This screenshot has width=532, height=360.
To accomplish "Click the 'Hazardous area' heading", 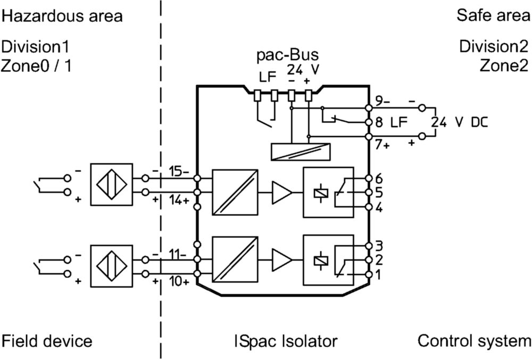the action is [62, 16].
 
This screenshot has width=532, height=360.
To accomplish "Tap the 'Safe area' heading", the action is [493, 15].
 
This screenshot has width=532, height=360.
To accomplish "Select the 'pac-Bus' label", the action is [287, 55].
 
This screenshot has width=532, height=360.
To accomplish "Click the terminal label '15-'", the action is [179, 172].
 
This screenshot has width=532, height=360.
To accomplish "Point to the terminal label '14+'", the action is [179, 200].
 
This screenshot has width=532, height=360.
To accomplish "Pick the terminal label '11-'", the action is [178, 254].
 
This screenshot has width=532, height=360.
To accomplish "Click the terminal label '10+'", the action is [179, 281].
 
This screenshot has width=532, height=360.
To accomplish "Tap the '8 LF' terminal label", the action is [391, 122].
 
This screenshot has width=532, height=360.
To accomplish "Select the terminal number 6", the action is [379, 178].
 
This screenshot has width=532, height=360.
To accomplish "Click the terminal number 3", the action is [379, 246].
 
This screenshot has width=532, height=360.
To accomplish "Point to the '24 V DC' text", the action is [460, 122].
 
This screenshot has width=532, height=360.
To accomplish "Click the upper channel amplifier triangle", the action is [282, 192].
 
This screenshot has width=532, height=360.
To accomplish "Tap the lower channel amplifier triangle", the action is [282, 260].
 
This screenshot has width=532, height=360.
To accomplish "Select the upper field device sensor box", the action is [112, 185].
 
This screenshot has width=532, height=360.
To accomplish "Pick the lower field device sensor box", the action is [112, 266].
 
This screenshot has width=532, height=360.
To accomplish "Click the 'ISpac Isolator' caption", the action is [286, 341].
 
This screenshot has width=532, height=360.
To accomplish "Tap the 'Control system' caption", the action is [474, 341].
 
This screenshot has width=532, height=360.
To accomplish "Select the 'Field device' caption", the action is [47, 341].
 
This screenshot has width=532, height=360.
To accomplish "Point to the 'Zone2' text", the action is [504, 65].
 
